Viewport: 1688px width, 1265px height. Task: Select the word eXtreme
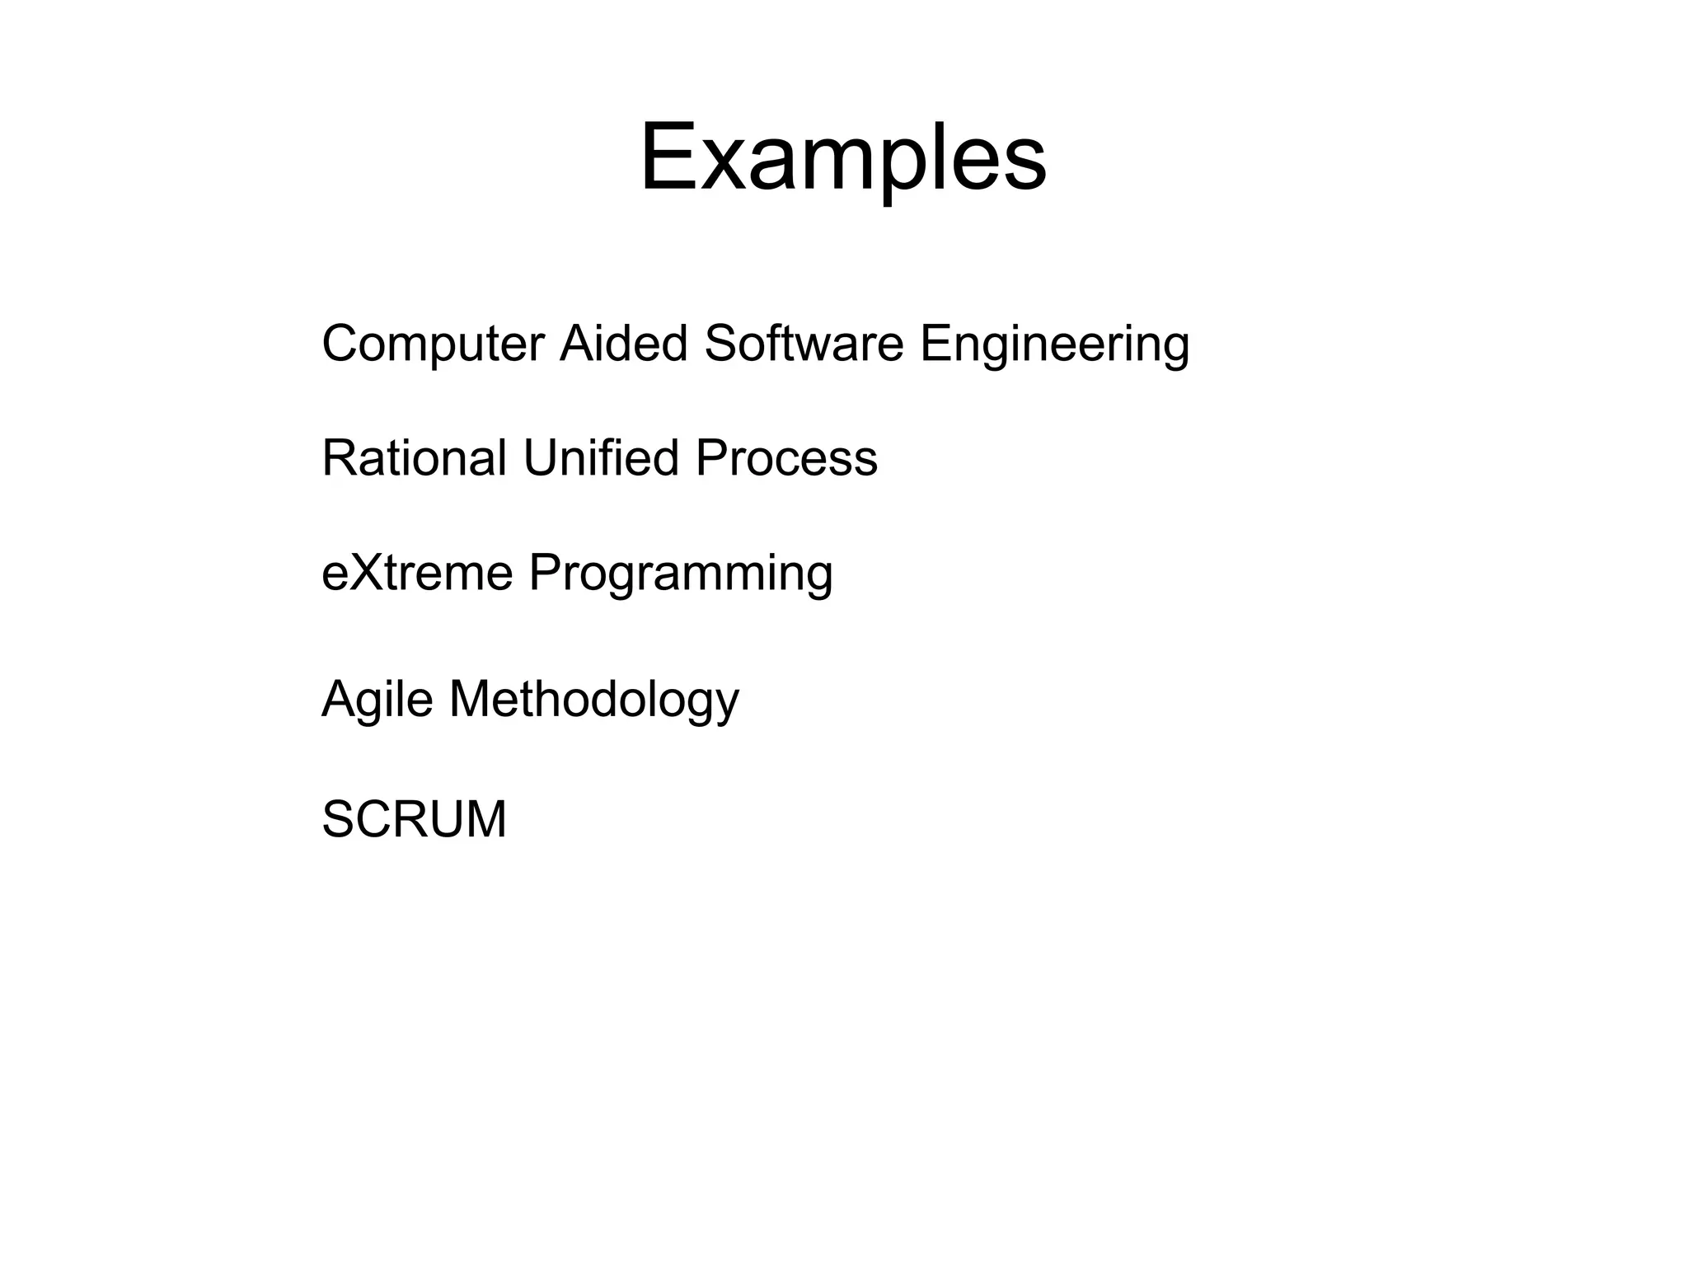tap(417, 573)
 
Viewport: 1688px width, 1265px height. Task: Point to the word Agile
tap(377, 700)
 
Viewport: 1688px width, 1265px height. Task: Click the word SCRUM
tap(414, 819)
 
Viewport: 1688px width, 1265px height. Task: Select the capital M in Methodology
tap(471, 699)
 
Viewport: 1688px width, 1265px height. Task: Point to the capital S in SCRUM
tap(339, 819)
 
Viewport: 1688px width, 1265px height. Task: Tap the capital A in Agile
tap(339, 699)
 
